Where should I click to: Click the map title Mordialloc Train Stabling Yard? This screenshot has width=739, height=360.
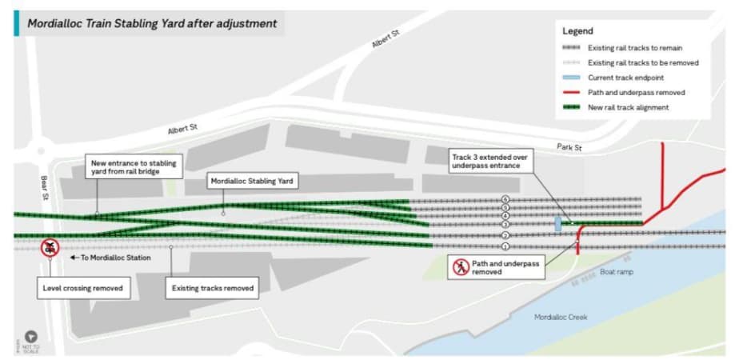pos(152,23)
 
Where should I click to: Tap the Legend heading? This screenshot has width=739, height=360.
pos(578,31)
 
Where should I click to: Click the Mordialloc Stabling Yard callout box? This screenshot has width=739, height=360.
pos(253,182)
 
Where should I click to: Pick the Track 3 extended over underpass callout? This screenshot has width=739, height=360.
pos(489,162)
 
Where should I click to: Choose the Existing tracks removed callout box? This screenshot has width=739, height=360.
pos(212,287)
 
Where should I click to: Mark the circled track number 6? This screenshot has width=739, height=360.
pos(505,198)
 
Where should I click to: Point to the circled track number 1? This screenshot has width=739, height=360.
pos(505,246)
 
